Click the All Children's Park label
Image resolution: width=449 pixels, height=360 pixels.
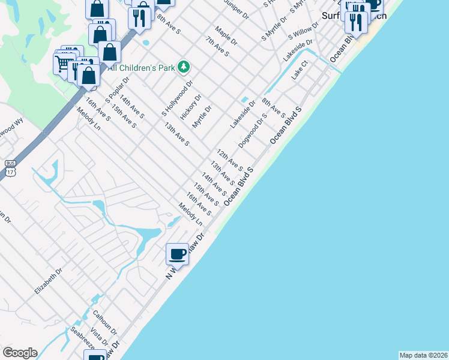pyautogui.click(x=141, y=67)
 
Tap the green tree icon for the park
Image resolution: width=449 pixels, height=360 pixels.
pyautogui.click(x=184, y=67)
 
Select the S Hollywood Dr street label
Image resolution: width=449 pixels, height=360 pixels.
pyautogui.click(x=177, y=98)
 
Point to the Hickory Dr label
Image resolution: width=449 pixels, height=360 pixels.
pyautogui.click(x=191, y=107)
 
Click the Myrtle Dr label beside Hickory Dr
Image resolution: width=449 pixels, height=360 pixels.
pyautogui.click(x=202, y=117)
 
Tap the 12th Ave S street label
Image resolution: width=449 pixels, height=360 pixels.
pyautogui.click(x=229, y=160)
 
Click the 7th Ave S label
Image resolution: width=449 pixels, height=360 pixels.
pyautogui.click(x=217, y=46)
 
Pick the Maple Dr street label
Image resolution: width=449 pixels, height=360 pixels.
pyautogui.click(x=226, y=36)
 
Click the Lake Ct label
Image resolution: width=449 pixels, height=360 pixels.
pyautogui.click(x=300, y=70)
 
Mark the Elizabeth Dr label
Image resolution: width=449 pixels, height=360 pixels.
pyautogui.click(x=48, y=281)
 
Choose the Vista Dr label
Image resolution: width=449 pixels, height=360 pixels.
pyautogui.click(x=98, y=337)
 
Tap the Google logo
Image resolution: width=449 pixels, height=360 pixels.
pyautogui.click(x=19, y=353)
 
